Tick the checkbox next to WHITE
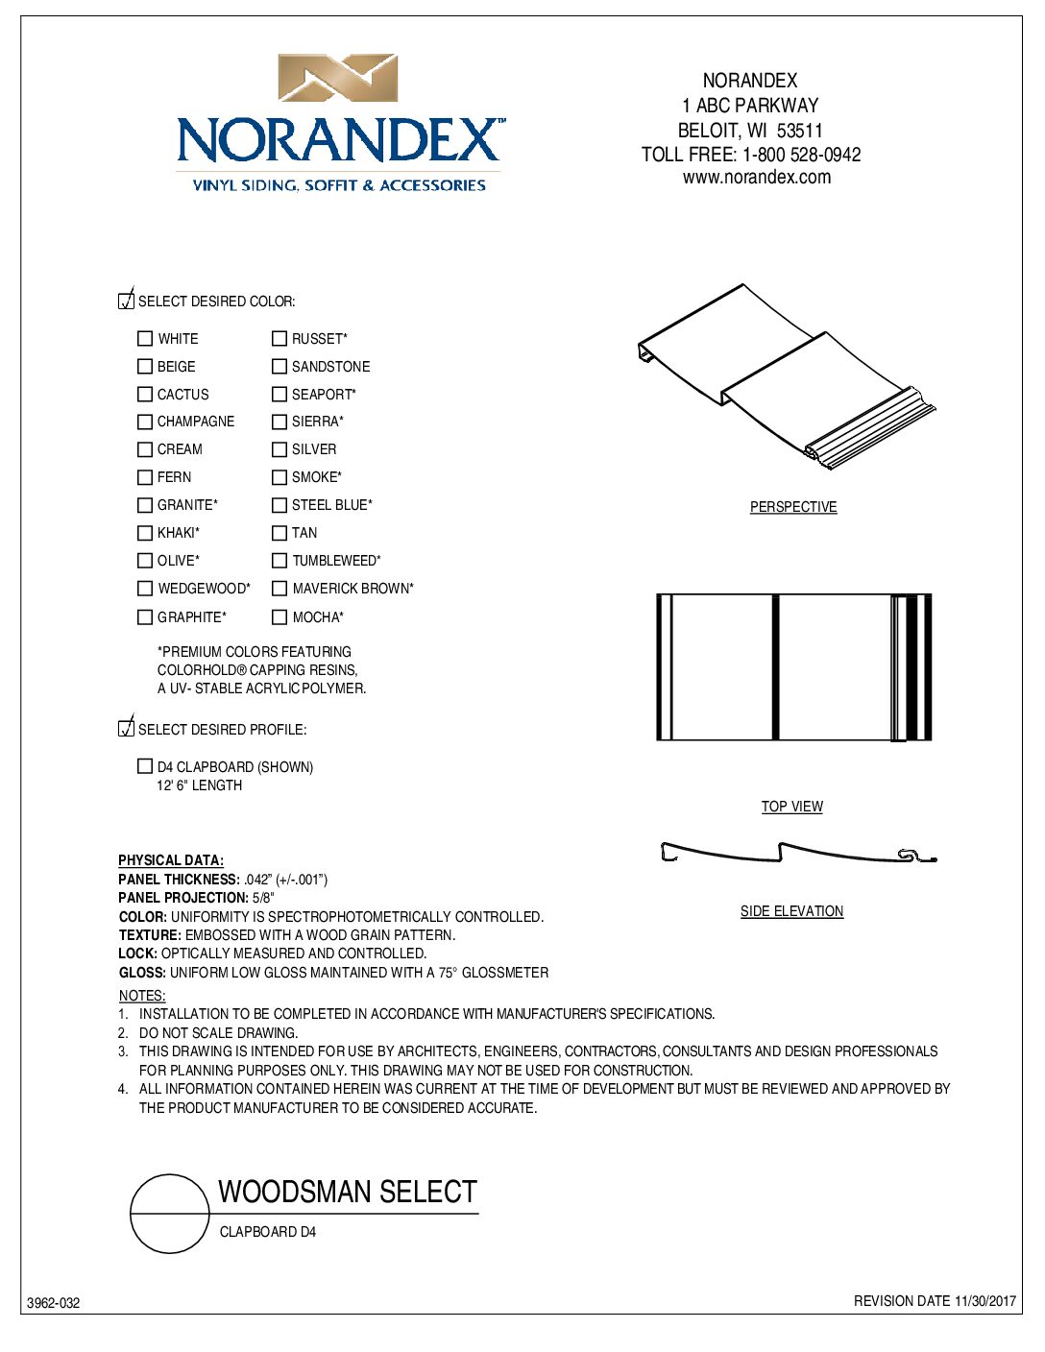(145, 339)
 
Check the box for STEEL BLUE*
(279, 505)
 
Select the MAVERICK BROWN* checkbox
(279, 589)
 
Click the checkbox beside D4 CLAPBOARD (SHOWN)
(145, 766)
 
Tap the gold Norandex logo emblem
(338, 78)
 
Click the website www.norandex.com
(757, 178)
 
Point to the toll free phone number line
(751, 155)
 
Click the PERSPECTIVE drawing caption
(793, 507)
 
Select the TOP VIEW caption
(792, 807)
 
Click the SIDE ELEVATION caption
(792, 911)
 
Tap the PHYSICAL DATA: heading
(171, 860)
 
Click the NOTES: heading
(142, 996)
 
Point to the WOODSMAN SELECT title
(348, 1192)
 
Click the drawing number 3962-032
(54, 1303)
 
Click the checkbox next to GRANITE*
(145, 505)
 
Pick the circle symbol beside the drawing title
(170, 1214)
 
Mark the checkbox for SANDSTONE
(279, 367)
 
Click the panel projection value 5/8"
(263, 898)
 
